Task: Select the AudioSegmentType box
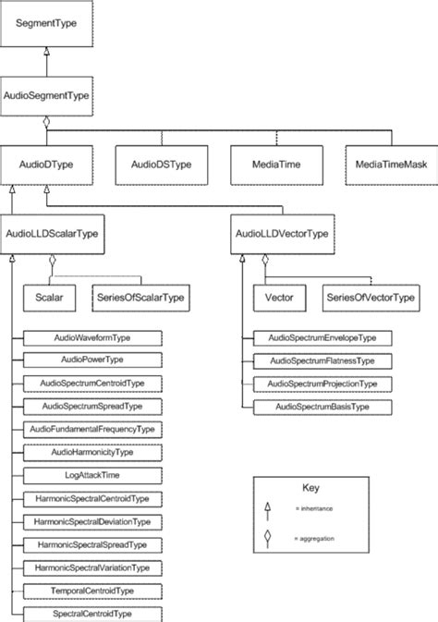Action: click(47, 95)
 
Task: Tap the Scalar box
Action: click(49, 298)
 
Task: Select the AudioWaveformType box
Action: click(92, 339)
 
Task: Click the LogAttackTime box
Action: click(92, 474)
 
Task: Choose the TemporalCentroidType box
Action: click(92, 590)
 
